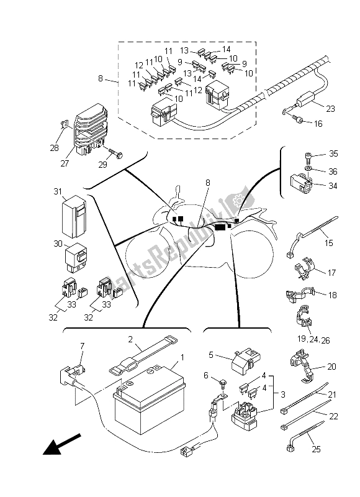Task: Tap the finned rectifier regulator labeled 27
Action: tap(91, 129)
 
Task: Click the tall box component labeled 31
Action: tap(73, 216)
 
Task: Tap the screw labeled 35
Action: tap(308, 157)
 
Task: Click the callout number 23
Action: tap(330, 109)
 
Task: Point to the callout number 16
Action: tap(318, 124)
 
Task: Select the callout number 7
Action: tap(83, 345)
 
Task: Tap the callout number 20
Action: tap(331, 367)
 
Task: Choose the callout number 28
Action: tap(54, 148)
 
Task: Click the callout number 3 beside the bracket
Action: tap(283, 394)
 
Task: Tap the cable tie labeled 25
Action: tap(305, 436)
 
